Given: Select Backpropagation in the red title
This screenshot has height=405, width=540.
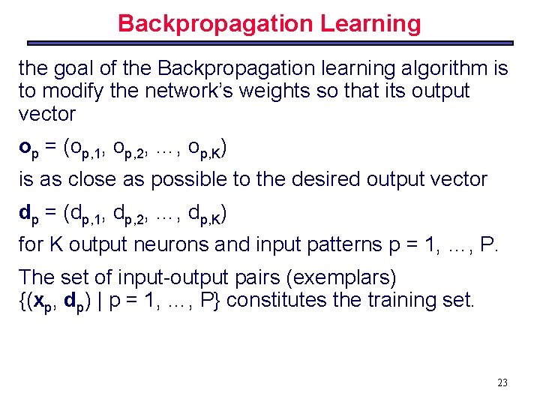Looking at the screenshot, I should point(216,23).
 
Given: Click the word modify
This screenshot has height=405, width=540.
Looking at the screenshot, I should point(73,91).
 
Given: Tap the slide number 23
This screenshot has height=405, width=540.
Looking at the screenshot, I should point(502,382).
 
